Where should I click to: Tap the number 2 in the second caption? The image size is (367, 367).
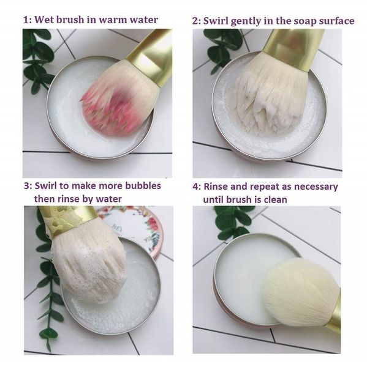(x=195, y=21)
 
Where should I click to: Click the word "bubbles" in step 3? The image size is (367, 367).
(x=143, y=185)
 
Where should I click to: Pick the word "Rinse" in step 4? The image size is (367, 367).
(x=216, y=187)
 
